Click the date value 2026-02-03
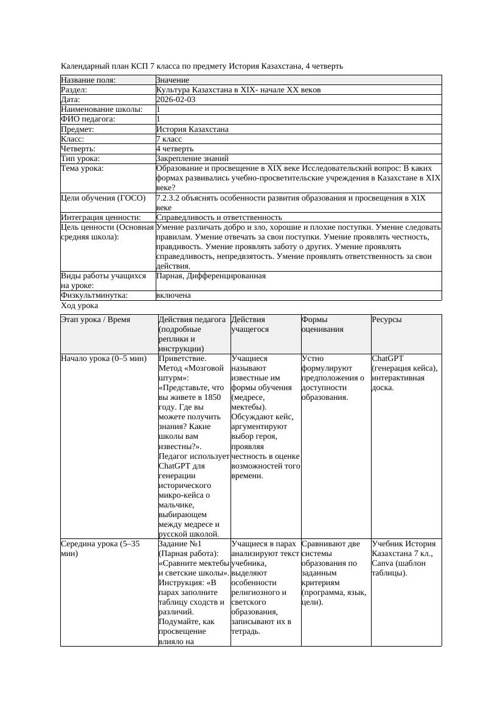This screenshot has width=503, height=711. (x=176, y=100)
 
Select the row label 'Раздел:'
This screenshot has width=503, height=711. (x=74, y=90)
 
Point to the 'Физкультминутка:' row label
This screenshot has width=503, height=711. (x=94, y=295)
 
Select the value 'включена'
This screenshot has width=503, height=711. (x=173, y=295)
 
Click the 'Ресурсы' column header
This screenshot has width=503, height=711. (x=387, y=320)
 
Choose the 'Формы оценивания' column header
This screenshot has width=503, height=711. (x=322, y=325)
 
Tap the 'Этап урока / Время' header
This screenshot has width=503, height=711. (x=95, y=320)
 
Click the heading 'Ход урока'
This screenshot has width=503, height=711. (x=80, y=306)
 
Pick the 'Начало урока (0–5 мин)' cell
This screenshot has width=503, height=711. (x=104, y=359)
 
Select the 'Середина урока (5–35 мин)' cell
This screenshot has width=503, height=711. (x=100, y=549)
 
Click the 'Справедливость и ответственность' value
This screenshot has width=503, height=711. (x=219, y=218)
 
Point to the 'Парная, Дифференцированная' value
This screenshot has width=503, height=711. (x=211, y=276)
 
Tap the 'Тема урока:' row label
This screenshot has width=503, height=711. (x=82, y=168)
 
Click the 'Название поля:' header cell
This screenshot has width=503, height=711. (x=88, y=80)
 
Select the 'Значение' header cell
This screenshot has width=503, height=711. (x=173, y=80)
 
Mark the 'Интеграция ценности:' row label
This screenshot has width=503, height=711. (x=100, y=218)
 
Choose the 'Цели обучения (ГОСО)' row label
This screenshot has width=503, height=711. (x=103, y=198)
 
